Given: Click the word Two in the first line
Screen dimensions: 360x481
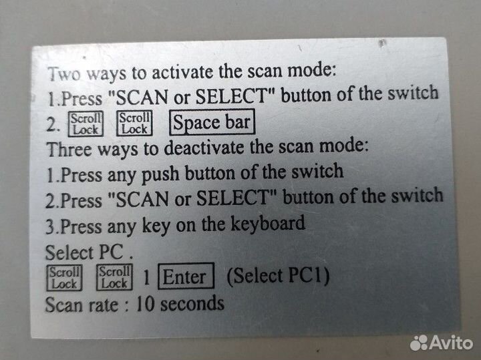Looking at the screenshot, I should click(62, 73).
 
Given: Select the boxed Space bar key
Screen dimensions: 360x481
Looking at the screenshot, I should click(211, 122).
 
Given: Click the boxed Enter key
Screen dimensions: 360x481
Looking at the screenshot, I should click(185, 277).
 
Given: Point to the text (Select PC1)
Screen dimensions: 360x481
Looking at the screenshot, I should click(278, 275).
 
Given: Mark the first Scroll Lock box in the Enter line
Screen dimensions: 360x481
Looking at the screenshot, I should click(64, 278).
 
